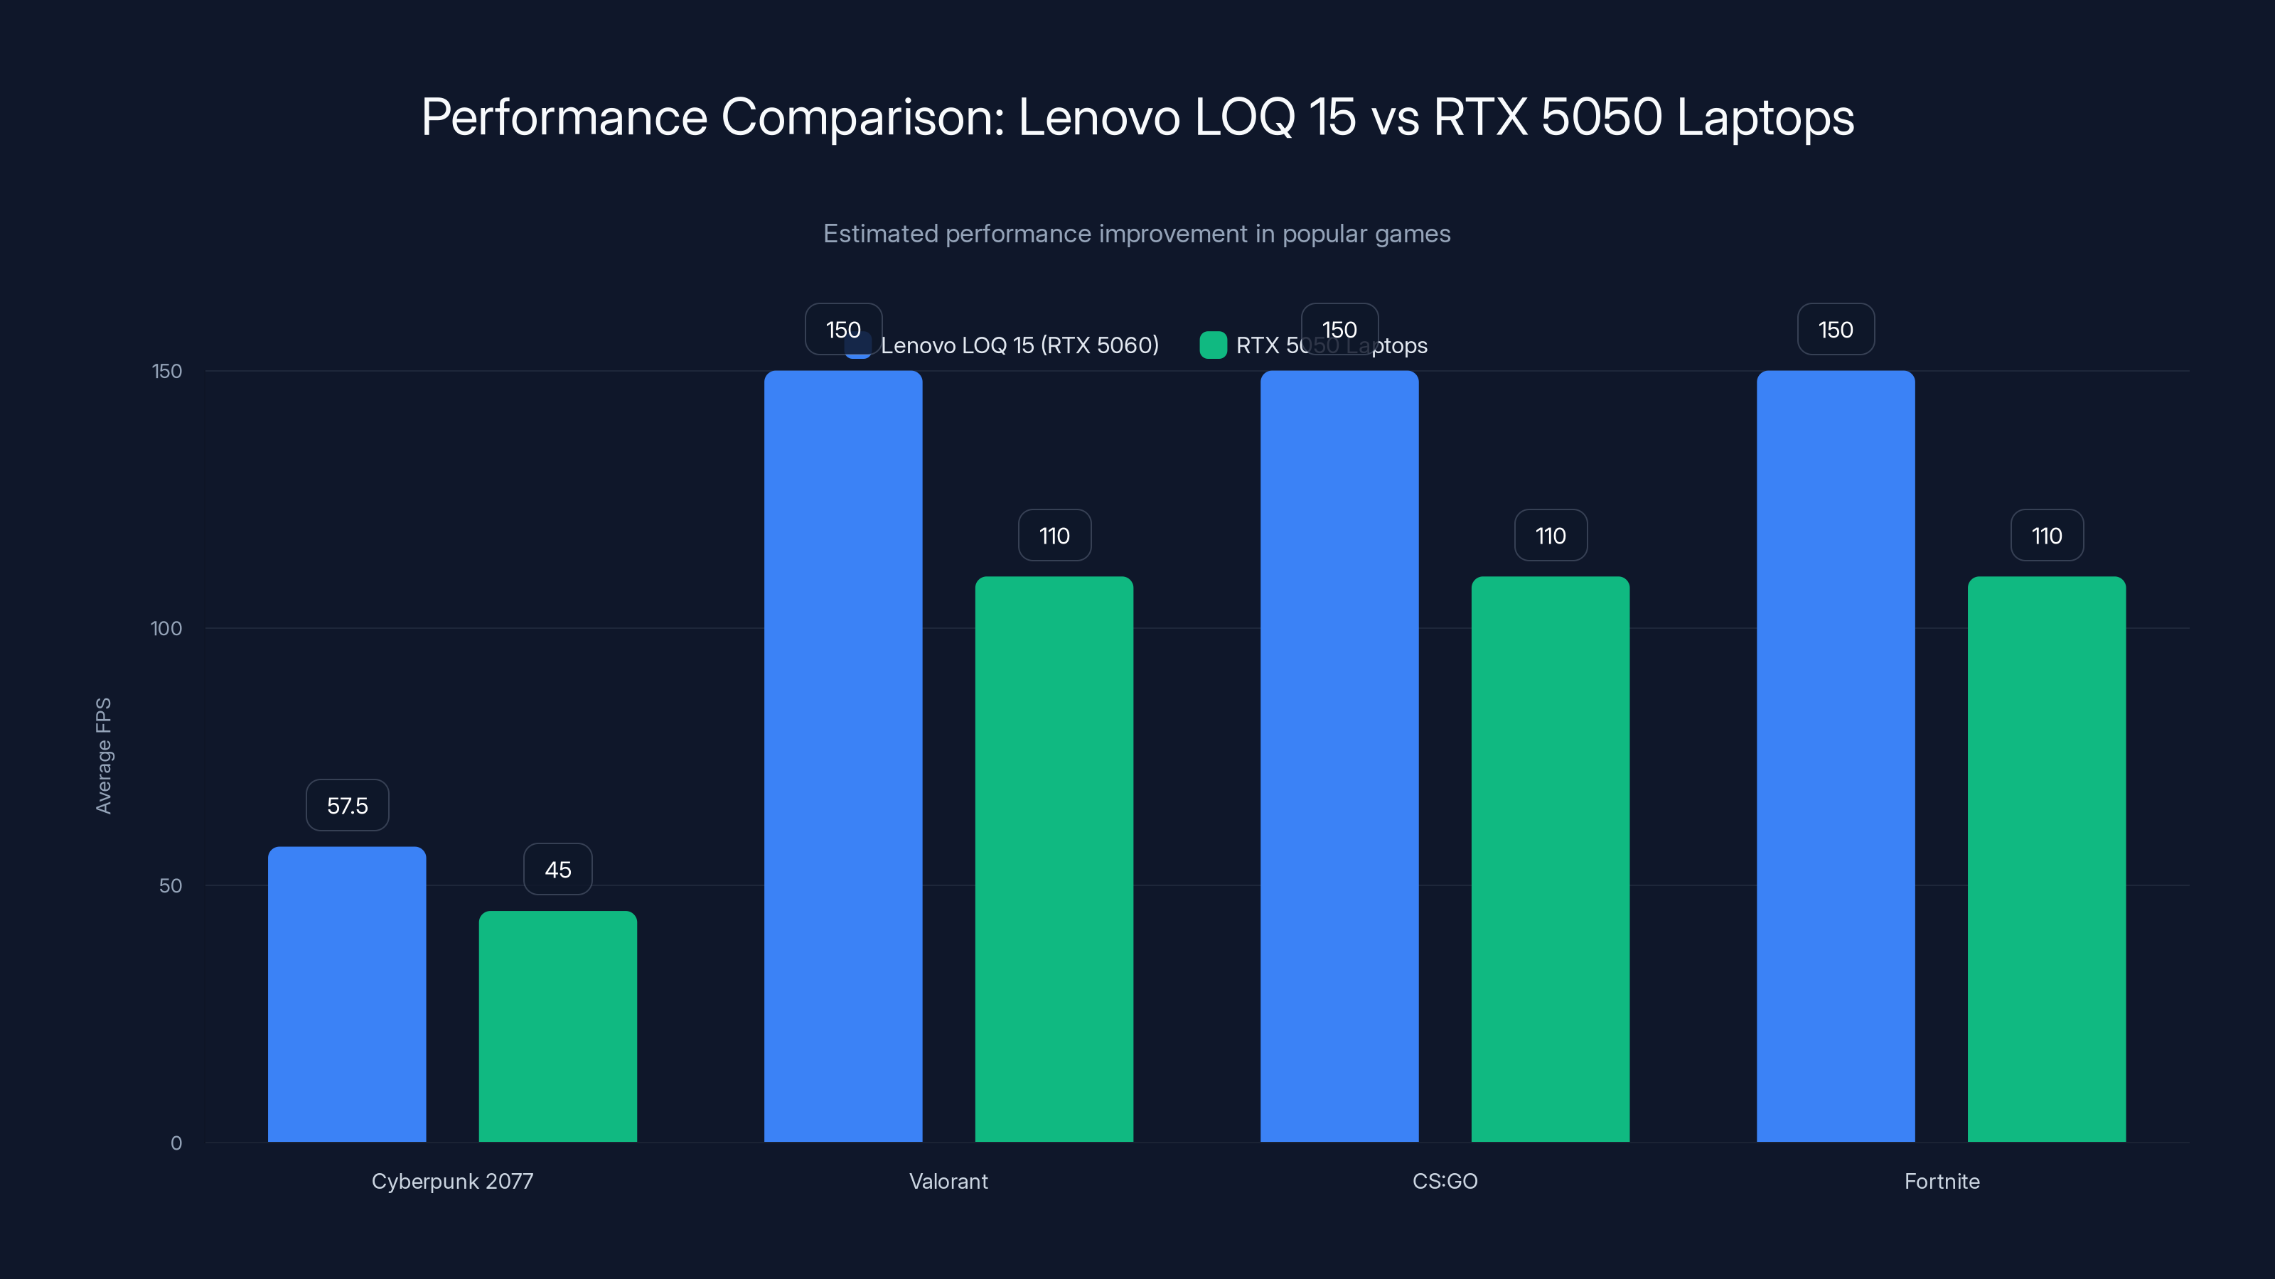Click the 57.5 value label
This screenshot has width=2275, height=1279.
tap(347, 805)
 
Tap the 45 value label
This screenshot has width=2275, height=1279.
tap(557, 870)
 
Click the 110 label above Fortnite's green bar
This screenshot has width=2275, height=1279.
tap(2046, 536)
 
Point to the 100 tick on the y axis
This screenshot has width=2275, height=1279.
tap(166, 628)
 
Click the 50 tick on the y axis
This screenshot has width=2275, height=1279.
tap(170, 885)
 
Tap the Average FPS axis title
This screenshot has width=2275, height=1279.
tap(103, 755)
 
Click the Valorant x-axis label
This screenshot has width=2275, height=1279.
tap(948, 1181)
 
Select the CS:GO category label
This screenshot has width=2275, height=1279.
tap(1444, 1181)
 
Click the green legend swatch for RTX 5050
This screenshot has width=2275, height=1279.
tap(1213, 345)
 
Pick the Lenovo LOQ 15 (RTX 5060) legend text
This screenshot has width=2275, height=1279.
tap(1019, 345)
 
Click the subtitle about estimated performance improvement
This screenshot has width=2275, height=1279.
tap(1137, 234)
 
